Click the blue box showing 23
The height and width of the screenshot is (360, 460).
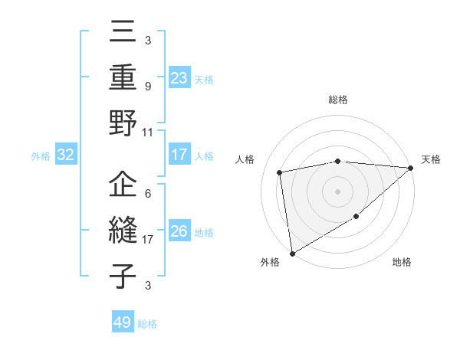pos(179,77)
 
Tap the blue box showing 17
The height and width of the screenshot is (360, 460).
pos(179,155)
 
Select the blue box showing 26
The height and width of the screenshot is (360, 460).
pos(179,231)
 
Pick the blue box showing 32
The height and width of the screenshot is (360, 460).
pos(65,155)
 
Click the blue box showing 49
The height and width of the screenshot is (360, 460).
pos(122,322)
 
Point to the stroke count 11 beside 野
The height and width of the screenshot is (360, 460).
pos(148,132)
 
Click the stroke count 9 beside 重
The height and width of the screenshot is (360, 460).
pos(148,86)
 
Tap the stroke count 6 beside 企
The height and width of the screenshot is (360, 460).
pos(148,194)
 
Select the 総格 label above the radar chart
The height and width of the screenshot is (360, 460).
pos(338,100)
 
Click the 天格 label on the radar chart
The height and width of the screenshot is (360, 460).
pos(431,159)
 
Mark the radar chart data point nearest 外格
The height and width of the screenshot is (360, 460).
pos(292,253)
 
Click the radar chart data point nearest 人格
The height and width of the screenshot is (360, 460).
pos(281,172)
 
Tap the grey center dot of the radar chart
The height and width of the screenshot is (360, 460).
pos(338,191)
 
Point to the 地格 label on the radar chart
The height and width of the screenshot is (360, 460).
pos(402,263)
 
